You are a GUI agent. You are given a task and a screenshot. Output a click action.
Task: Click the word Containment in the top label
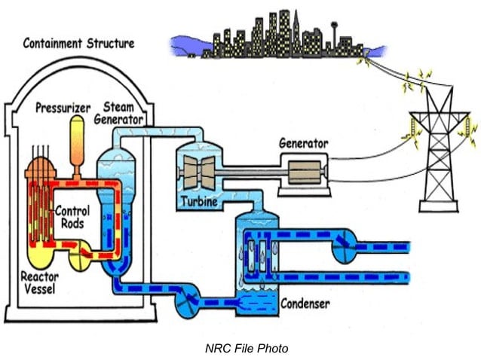point(51,42)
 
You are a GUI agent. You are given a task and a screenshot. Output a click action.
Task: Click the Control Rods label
point(72,217)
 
